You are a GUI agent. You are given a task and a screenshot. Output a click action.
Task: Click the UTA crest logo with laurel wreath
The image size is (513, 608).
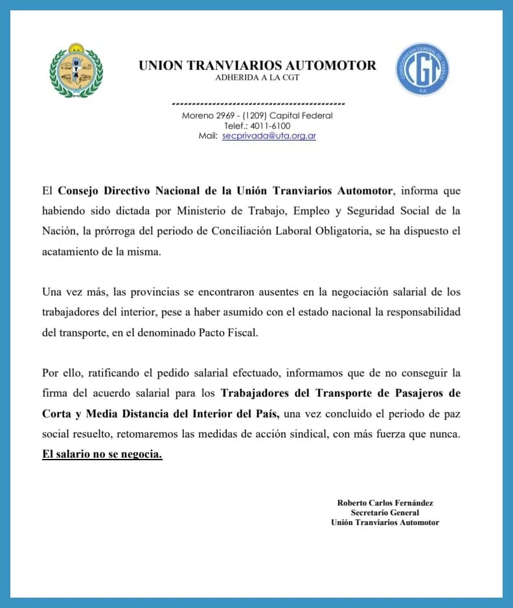tap(76, 70)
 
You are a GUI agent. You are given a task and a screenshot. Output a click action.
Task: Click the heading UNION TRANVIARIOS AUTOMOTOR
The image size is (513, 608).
tap(257, 65)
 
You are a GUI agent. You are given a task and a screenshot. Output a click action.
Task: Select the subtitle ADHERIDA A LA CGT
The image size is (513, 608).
tap(257, 78)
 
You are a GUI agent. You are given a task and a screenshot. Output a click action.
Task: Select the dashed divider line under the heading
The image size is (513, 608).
tap(258, 104)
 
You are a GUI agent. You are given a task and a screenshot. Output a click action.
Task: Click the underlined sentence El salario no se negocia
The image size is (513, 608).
tap(102, 454)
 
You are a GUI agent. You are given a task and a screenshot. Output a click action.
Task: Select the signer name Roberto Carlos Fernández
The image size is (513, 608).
tap(385, 502)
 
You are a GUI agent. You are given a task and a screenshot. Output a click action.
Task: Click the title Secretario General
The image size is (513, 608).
tap(385, 512)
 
